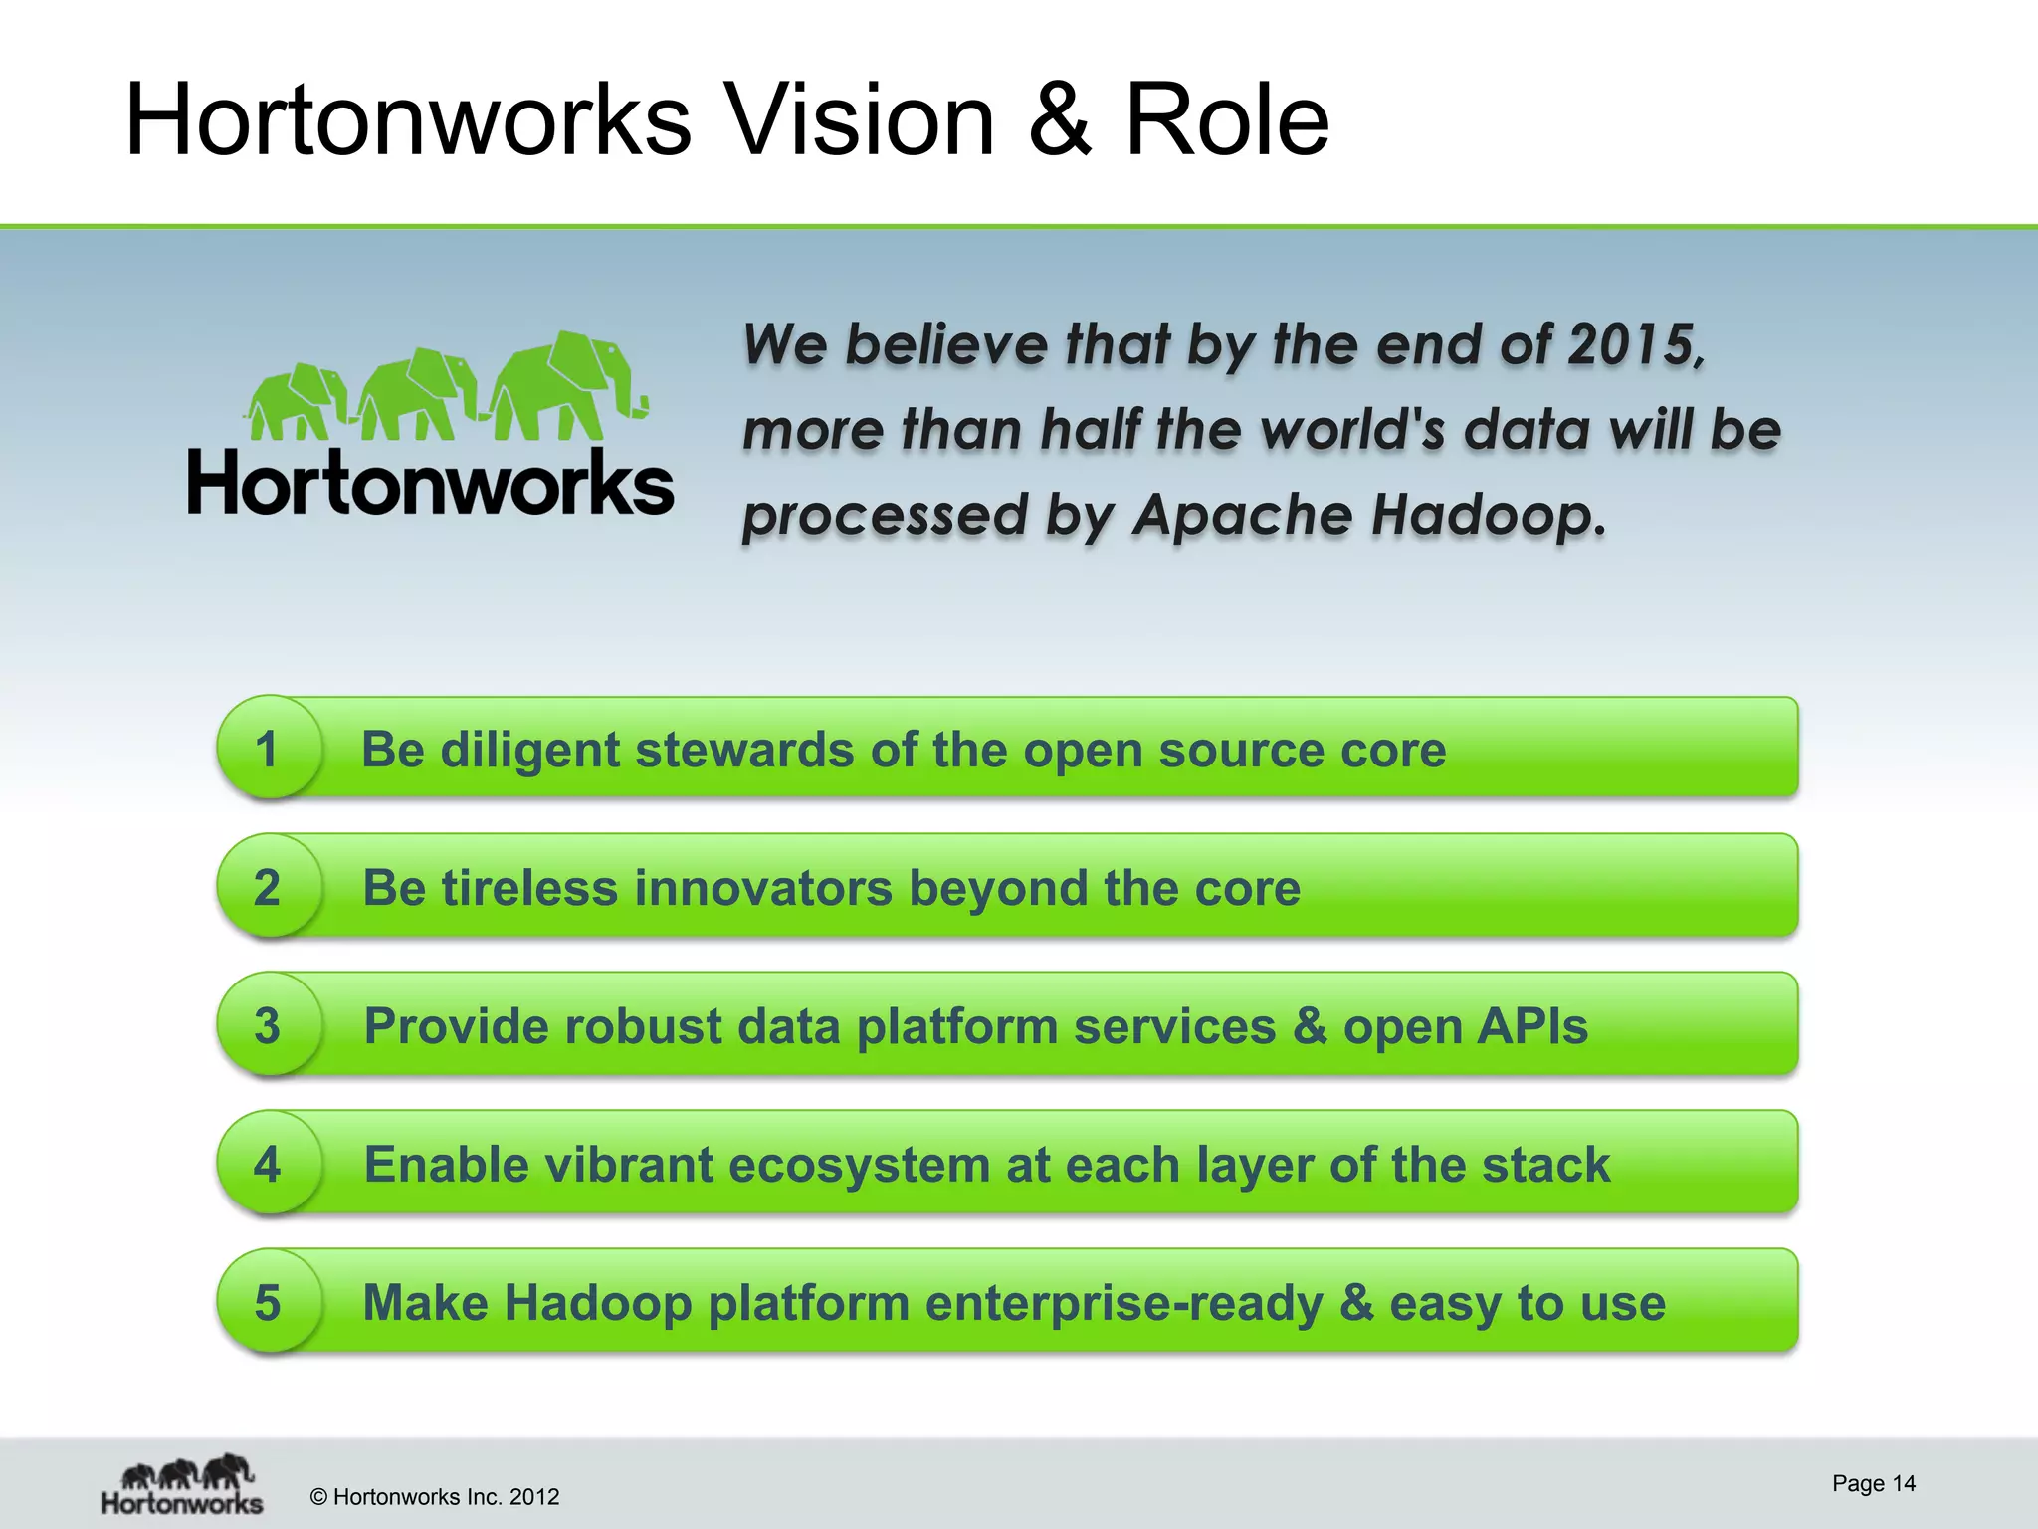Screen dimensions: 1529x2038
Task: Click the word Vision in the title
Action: [x=860, y=120]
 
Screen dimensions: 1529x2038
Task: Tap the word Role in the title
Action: [x=1226, y=120]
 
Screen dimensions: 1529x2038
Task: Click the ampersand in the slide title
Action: [x=1060, y=120]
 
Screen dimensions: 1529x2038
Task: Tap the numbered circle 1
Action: [x=267, y=749]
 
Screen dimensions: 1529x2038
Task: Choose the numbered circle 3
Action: [x=267, y=1025]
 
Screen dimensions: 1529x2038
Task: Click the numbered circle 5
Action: [x=267, y=1302]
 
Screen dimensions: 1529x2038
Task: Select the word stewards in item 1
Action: [x=744, y=750]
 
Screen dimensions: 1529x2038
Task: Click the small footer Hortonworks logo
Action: [x=183, y=1485]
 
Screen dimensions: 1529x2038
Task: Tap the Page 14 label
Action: [x=1873, y=1483]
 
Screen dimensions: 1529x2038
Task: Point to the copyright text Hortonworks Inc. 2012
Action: [x=435, y=1497]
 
